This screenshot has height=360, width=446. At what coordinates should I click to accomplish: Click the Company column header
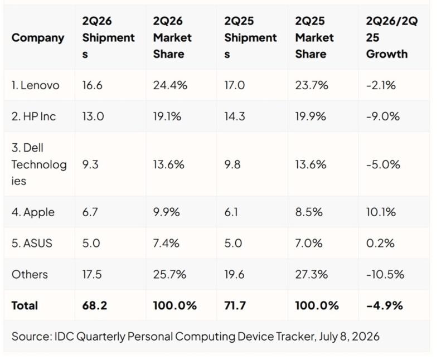[x=38, y=38]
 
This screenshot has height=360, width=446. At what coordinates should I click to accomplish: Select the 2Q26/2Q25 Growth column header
[x=392, y=37]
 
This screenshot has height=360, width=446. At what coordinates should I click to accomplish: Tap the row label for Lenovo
[x=35, y=85]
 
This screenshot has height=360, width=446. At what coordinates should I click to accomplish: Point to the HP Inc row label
[x=33, y=116]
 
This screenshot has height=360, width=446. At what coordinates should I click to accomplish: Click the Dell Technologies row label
[x=39, y=164]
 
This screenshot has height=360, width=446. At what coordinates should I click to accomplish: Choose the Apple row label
[x=33, y=212]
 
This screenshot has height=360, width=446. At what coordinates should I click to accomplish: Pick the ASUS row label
[x=32, y=244]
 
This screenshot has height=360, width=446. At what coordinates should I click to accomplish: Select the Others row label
[x=30, y=274]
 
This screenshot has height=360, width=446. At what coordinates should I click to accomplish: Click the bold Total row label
[x=25, y=306]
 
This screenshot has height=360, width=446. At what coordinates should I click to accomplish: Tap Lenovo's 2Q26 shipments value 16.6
[x=92, y=85]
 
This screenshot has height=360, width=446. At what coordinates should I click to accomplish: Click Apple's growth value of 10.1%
[x=381, y=212]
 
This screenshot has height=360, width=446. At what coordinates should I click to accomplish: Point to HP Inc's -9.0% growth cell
[x=383, y=116]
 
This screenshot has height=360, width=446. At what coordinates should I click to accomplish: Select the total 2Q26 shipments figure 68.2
[x=94, y=306]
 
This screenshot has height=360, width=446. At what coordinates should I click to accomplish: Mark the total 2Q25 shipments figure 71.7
[x=235, y=306]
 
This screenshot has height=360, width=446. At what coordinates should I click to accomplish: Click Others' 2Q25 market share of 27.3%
[x=312, y=274]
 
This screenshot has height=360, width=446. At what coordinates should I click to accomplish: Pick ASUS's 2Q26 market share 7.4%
[x=166, y=244]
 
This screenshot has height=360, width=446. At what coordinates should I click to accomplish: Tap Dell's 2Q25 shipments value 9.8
[x=232, y=164]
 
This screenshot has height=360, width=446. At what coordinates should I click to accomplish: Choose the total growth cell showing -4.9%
[x=385, y=306]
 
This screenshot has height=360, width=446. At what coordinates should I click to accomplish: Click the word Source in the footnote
[x=32, y=337]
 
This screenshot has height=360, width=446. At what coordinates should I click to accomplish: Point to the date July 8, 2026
[x=349, y=337]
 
